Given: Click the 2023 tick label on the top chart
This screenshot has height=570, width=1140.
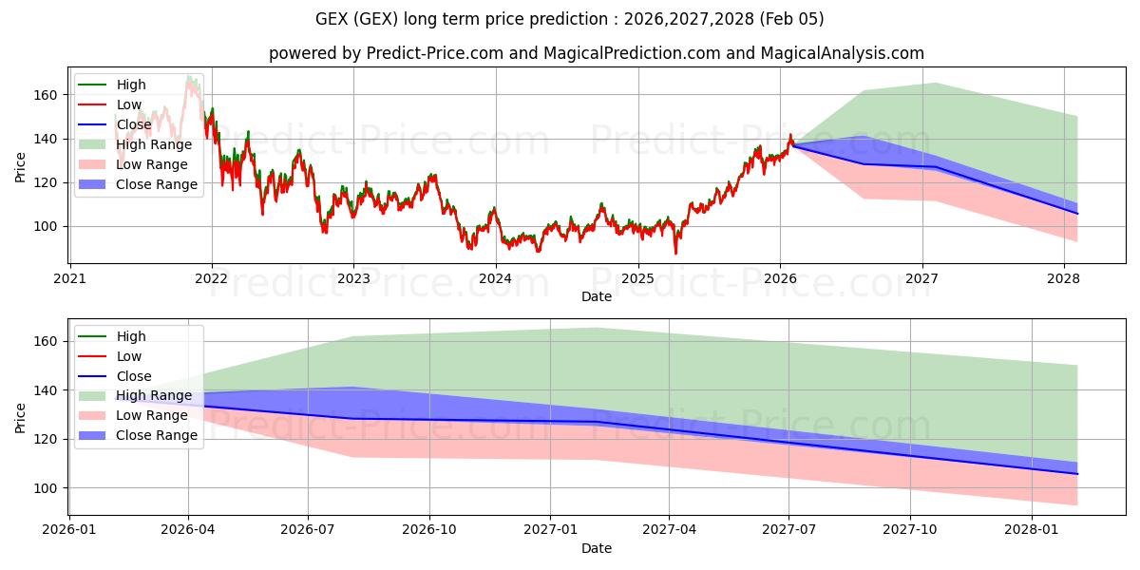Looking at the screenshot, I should (353, 278).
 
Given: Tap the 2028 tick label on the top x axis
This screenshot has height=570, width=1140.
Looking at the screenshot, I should (1063, 278).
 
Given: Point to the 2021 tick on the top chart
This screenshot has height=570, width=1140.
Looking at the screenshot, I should (69, 278).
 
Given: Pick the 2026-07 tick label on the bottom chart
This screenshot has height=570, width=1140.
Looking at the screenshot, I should (310, 530).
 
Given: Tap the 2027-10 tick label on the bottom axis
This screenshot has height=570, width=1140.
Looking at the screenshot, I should (911, 530).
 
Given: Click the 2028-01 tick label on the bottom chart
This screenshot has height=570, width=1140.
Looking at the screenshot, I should (1032, 530).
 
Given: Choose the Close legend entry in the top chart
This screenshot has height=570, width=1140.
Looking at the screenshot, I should (134, 124).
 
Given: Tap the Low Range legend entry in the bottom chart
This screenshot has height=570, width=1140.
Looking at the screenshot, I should (152, 415).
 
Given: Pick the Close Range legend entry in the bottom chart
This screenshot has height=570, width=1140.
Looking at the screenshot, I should (157, 435).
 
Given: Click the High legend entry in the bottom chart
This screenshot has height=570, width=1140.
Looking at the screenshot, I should (131, 336).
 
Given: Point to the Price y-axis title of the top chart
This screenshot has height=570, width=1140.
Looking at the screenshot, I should (21, 166).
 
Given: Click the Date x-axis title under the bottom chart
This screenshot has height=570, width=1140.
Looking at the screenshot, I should (597, 548).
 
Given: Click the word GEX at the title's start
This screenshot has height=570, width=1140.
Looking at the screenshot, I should (332, 19).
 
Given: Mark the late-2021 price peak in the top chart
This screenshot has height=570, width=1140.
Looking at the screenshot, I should (189, 77).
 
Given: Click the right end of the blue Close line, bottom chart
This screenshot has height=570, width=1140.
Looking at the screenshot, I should (1077, 473).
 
